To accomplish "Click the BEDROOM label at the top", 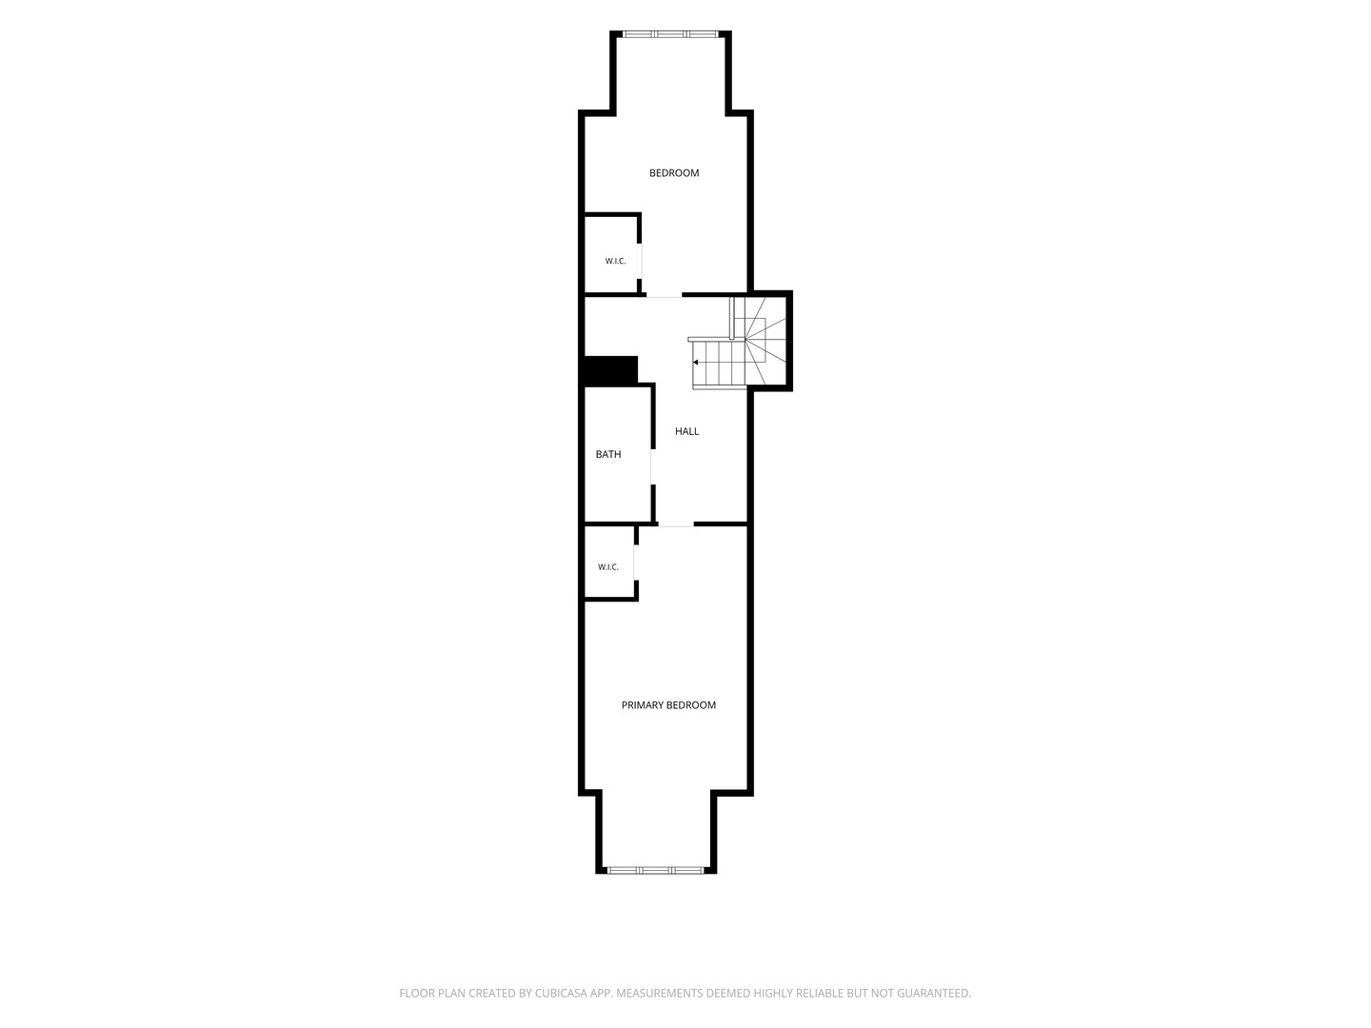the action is click(674, 173).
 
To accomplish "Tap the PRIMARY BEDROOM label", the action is click(668, 704).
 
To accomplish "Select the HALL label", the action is click(686, 431).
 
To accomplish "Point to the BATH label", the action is click(607, 454).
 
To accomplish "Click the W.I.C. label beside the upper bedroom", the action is click(615, 261).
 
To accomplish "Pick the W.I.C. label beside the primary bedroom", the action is click(607, 566).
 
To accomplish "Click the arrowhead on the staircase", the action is click(695, 362).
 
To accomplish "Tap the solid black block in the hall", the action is click(609, 371).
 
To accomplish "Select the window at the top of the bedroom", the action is click(670, 33).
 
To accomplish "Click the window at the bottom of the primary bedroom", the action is click(656, 869).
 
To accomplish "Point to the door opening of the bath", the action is click(653, 466).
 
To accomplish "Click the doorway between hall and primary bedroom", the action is click(676, 524).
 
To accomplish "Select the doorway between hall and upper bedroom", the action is click(664, 294).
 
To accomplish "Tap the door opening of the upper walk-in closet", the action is click(639, 261).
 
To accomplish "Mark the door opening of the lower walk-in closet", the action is click(636, 563).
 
